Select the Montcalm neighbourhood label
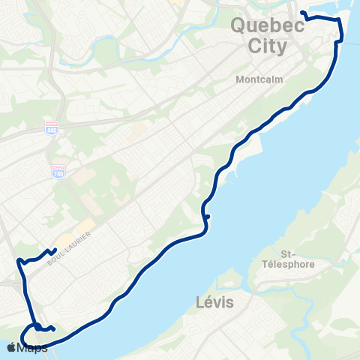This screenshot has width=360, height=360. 256,79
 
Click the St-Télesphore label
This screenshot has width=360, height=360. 295,259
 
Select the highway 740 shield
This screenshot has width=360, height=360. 58,172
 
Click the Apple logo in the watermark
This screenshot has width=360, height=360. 13,347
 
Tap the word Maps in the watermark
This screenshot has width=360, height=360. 33,348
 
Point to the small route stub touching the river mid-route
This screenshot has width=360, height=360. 207,217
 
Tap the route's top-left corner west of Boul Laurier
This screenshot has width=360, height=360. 17,260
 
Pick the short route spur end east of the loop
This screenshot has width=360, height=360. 55,328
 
